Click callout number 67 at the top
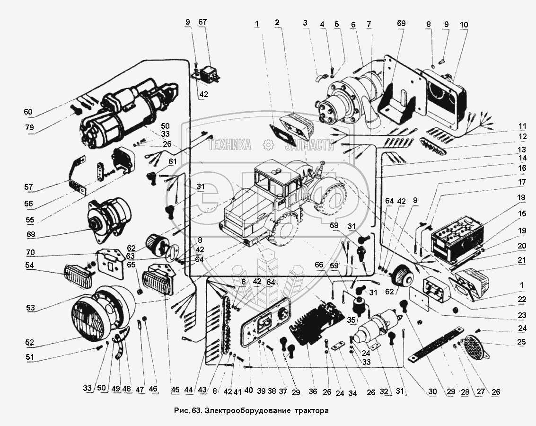click(202, 22)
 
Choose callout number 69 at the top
click(401, 23)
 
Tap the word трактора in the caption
click(310, 410)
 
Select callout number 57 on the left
click(29, 188)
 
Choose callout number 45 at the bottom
click(176, 390)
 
